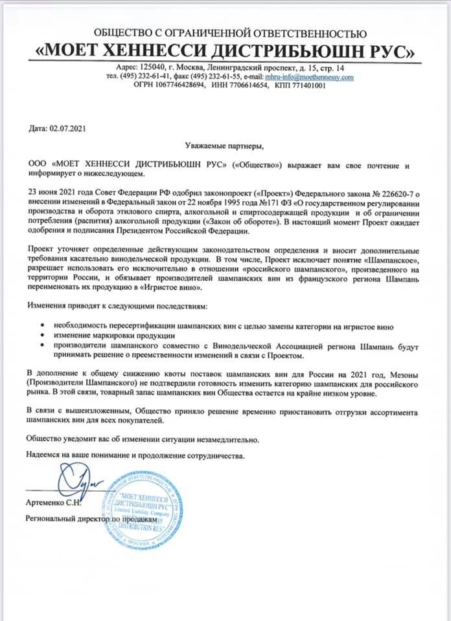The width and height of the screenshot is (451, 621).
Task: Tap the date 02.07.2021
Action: tap(67, 128)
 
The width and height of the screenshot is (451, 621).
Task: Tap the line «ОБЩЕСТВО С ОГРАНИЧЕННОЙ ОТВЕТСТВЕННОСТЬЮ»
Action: tap(230, 32)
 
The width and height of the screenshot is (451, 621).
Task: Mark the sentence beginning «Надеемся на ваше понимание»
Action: tap(136, 455)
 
